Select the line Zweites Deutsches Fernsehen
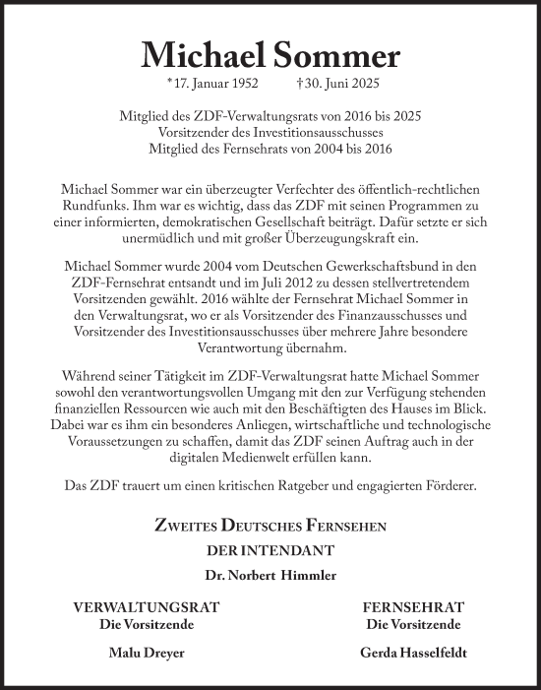pos(270,527)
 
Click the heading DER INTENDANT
pos(270,550)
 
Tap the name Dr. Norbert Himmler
pos(270,574)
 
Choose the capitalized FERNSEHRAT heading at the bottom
pos(399,608)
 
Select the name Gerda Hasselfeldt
pos(399,652)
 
